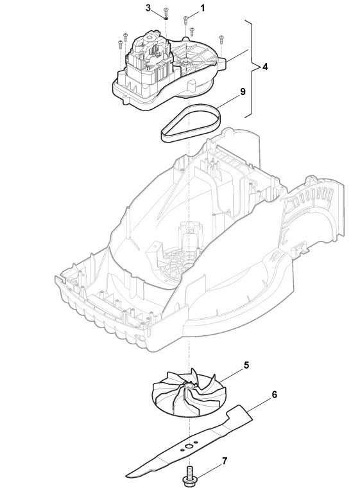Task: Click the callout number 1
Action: point(203,8)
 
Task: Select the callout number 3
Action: point(148,8)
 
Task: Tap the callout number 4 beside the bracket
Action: point(265,67)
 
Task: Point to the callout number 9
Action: point(243,92)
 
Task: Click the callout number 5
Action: point(246,365)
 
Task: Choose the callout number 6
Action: point(274,394)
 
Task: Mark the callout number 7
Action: point(225,461)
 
